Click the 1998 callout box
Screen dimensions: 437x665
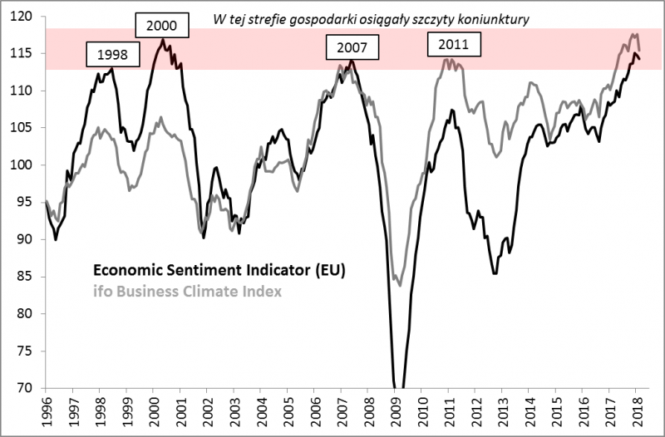(x=112, y=56)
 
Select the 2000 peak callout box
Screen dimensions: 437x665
(x=161, y=27)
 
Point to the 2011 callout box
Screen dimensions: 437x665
(x=453, y=45)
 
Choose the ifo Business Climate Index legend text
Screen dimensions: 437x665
(x=187, y=291)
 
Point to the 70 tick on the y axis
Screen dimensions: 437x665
(x=26, y=388)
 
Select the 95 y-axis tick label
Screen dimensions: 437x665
(x=26, y=202)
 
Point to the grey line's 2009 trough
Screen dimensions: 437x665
(x=400, y=285)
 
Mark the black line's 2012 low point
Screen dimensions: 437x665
(x=495, y=273)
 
